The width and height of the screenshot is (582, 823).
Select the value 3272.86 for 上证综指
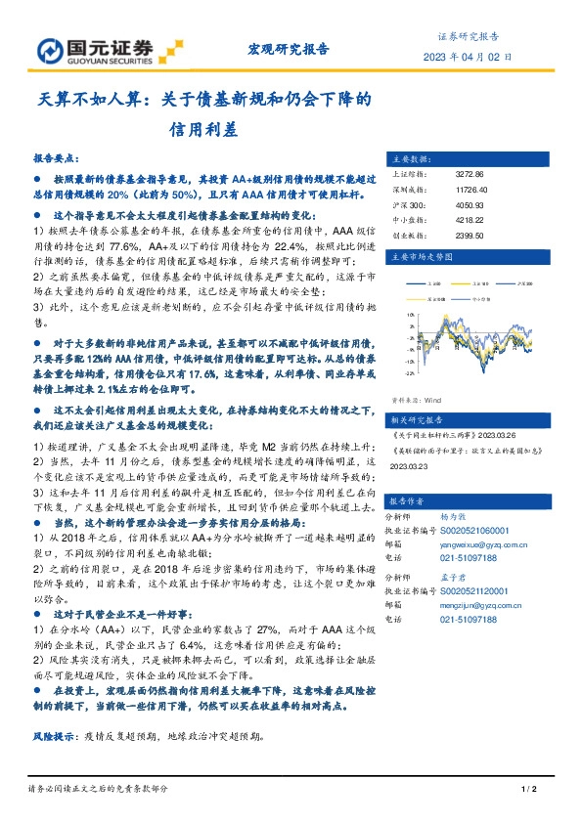click(x=470, y=174)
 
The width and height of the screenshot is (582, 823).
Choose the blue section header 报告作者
click(x=412, y=499)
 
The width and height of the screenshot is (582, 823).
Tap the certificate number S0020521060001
click(x=479, y=526)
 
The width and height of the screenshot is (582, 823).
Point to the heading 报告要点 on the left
click(x=58, y=156)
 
